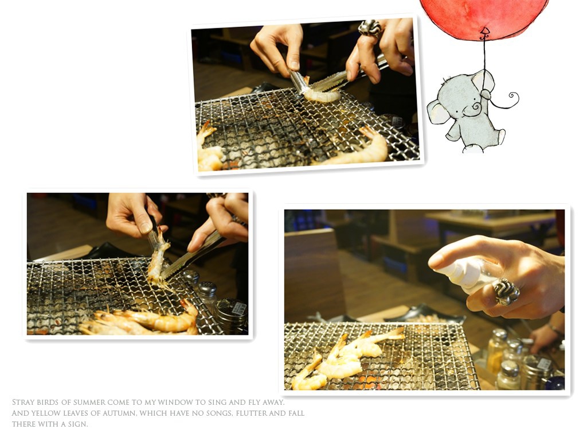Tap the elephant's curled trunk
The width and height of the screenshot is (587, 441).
point(475,107)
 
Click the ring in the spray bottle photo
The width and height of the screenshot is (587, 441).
point(506,291)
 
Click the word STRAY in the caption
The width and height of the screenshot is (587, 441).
point(25,403)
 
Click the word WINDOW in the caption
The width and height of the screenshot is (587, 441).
point(175,403)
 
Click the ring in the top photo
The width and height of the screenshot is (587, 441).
point(370,28)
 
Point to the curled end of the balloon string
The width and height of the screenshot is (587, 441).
point(513,98)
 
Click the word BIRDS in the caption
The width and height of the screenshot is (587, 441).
point(48,403)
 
